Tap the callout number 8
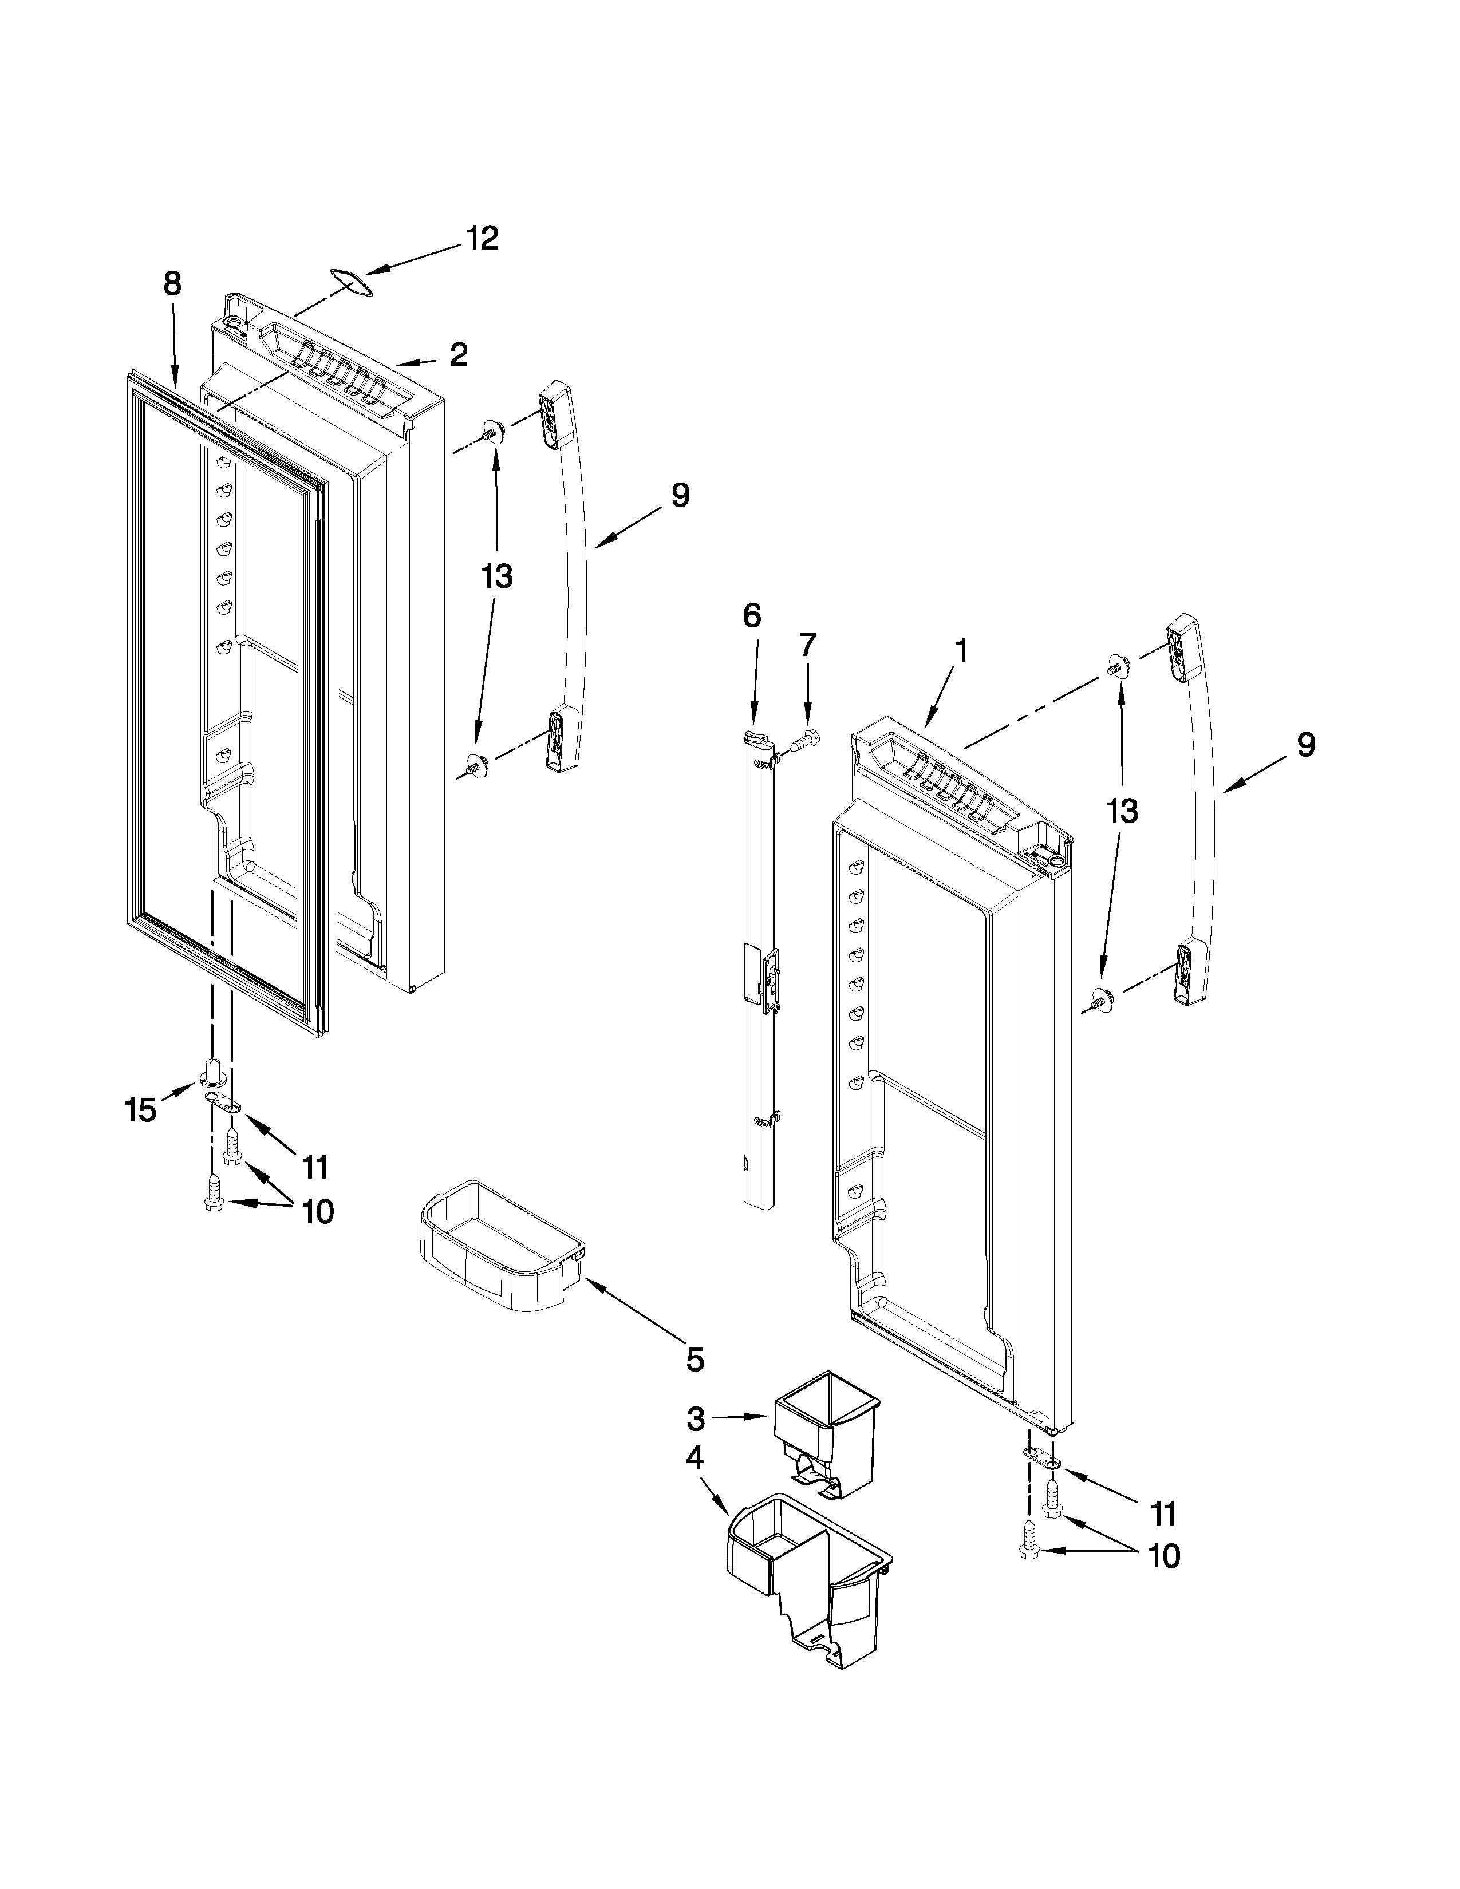[x=172, y=284]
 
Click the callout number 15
[x=141, y=1110]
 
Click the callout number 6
[x=752, y=616]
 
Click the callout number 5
[x=696, y=1359]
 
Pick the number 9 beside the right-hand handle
[x=1305, y=745]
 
